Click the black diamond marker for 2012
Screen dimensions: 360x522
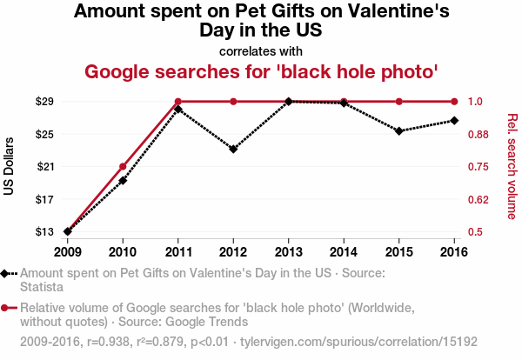233,149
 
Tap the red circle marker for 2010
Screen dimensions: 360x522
123,166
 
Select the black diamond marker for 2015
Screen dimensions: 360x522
398,131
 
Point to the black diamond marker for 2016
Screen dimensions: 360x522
454,120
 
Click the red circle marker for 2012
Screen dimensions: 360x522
233,102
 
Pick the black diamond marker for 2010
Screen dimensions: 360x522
123,180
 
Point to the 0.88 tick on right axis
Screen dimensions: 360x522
481,134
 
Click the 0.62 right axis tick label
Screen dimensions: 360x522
481,199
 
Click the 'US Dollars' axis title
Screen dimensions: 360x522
10,166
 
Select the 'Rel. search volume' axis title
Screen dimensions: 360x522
512,166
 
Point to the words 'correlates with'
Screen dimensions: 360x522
260,50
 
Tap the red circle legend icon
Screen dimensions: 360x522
6,307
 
